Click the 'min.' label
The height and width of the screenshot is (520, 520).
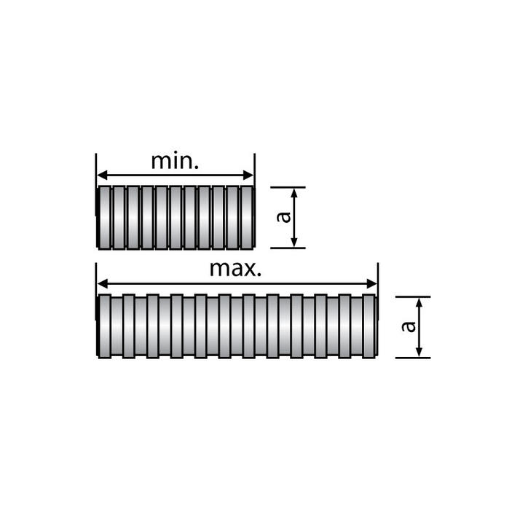[x=175, y=161]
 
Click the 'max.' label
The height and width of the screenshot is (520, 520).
[x=235, y=269]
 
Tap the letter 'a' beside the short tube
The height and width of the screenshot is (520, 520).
[x=285, y=216]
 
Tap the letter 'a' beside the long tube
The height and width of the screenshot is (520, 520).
[x=411, y=326]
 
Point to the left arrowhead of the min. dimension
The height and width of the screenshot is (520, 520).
[x=101, y=176]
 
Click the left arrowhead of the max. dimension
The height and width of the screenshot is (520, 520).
[x=101, y=284]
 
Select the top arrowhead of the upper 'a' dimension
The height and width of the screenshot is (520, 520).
[x=294, y=192]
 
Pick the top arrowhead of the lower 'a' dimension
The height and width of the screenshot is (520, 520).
[x=419, y=302]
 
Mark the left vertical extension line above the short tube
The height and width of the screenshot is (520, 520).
[x=95, y=168]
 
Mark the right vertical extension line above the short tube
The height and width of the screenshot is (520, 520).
[x=254, y=168]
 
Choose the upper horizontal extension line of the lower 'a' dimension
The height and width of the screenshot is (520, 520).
[x=412, y=296]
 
